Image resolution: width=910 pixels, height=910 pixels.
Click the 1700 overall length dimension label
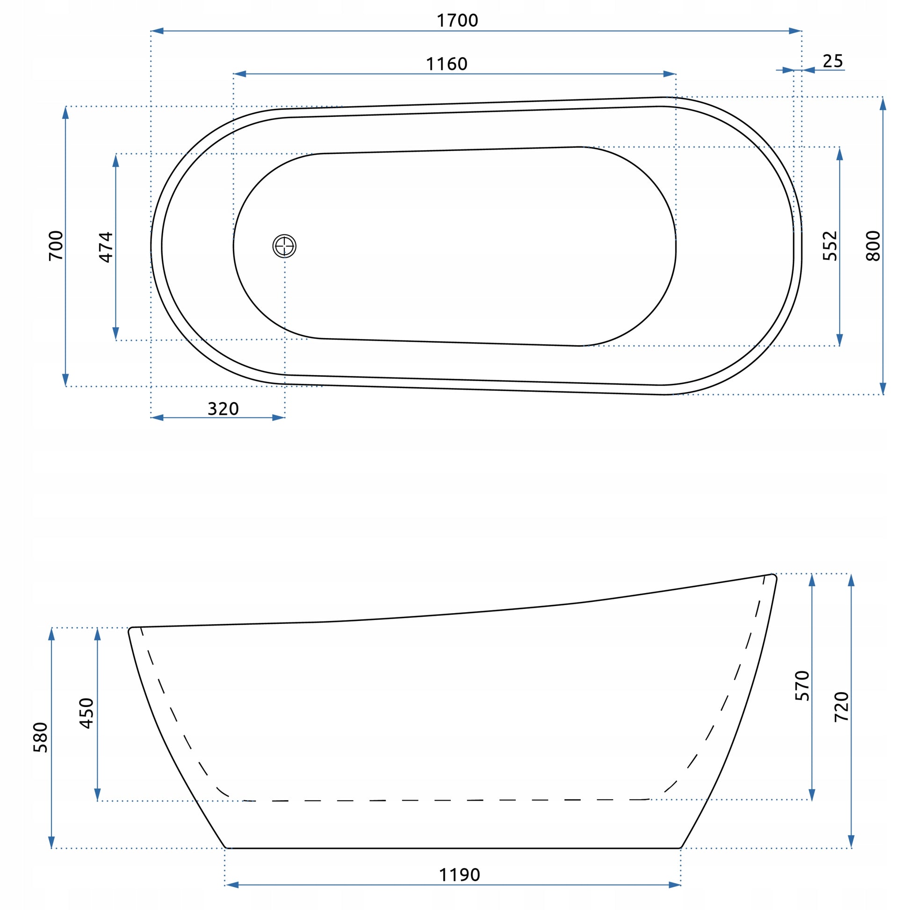pos(457,21)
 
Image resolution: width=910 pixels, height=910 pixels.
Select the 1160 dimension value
pos(447,64)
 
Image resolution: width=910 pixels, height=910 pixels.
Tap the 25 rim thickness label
pos(833,61)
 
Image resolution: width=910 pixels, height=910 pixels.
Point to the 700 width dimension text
pos(56,246)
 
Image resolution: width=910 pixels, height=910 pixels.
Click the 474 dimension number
pos(106,247)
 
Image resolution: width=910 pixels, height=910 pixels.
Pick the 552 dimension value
pos(830,246)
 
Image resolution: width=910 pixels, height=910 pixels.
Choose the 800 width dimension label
pos(873,246)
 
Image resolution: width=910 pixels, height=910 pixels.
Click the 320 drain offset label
pos(223,409)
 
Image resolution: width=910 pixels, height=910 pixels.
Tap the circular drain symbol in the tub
pos(284,246)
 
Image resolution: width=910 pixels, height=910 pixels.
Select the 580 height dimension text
pos(41,737)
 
